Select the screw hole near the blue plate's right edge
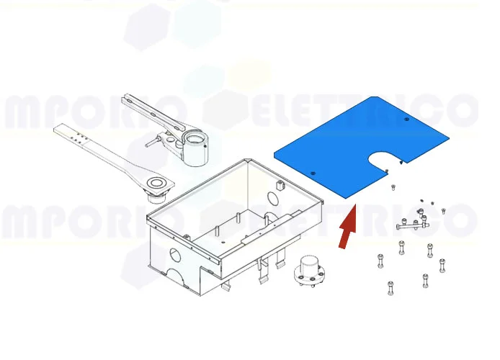pyautogui.click(x=407, y=119)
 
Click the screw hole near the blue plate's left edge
pyautogui.click(x=314, y=173)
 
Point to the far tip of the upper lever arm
pyautogui.click(x=126, y=97)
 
